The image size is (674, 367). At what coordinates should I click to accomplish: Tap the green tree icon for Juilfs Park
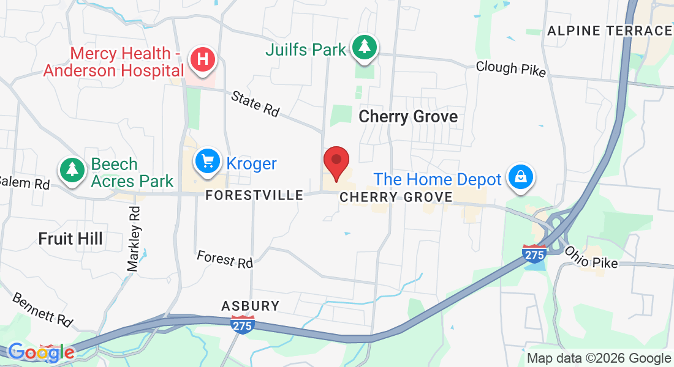coord(365,48)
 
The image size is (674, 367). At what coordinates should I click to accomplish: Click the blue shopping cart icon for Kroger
coord(208,161)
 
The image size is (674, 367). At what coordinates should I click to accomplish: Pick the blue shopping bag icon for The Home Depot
coord(520,177)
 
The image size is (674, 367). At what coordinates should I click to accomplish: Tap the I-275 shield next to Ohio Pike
coord(534,253)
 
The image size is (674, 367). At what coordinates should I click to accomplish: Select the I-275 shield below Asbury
coord(243,324)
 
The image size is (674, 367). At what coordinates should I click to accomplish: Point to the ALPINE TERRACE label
coord(609,31)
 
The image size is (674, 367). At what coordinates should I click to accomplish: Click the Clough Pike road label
coord(510,68)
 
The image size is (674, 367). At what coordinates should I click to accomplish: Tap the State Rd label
coord(256,103)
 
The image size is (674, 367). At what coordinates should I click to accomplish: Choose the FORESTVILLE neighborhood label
coord(254,195)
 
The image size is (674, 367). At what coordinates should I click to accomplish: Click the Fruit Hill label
coord(70,239)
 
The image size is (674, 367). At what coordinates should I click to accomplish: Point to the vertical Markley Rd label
coord(134,239)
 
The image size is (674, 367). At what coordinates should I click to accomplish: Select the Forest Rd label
coord(224,259)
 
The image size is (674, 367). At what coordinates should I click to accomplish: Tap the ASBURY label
coord(250,305)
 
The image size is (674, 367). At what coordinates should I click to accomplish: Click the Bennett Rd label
coord(42,310)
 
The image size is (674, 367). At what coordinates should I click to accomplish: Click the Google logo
coord(41,352)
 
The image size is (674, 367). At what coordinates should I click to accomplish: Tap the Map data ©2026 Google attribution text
coord(599,358)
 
